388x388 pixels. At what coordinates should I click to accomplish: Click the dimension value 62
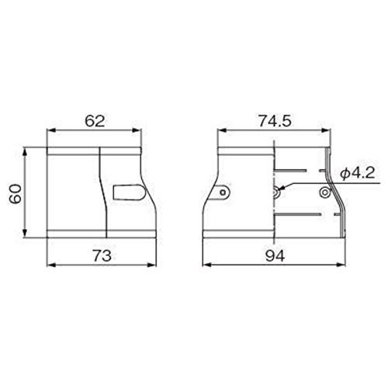95,121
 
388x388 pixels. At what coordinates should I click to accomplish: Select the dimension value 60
16,194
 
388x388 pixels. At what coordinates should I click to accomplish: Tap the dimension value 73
102,255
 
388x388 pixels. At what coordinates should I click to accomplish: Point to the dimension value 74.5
275,121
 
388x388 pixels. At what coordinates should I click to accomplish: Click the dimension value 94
275,255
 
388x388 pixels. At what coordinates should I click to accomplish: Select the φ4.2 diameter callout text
358,173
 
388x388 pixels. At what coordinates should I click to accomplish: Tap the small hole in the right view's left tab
223,192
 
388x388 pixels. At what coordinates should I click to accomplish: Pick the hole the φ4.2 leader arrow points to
276,192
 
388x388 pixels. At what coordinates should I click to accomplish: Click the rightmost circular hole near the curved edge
324,192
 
